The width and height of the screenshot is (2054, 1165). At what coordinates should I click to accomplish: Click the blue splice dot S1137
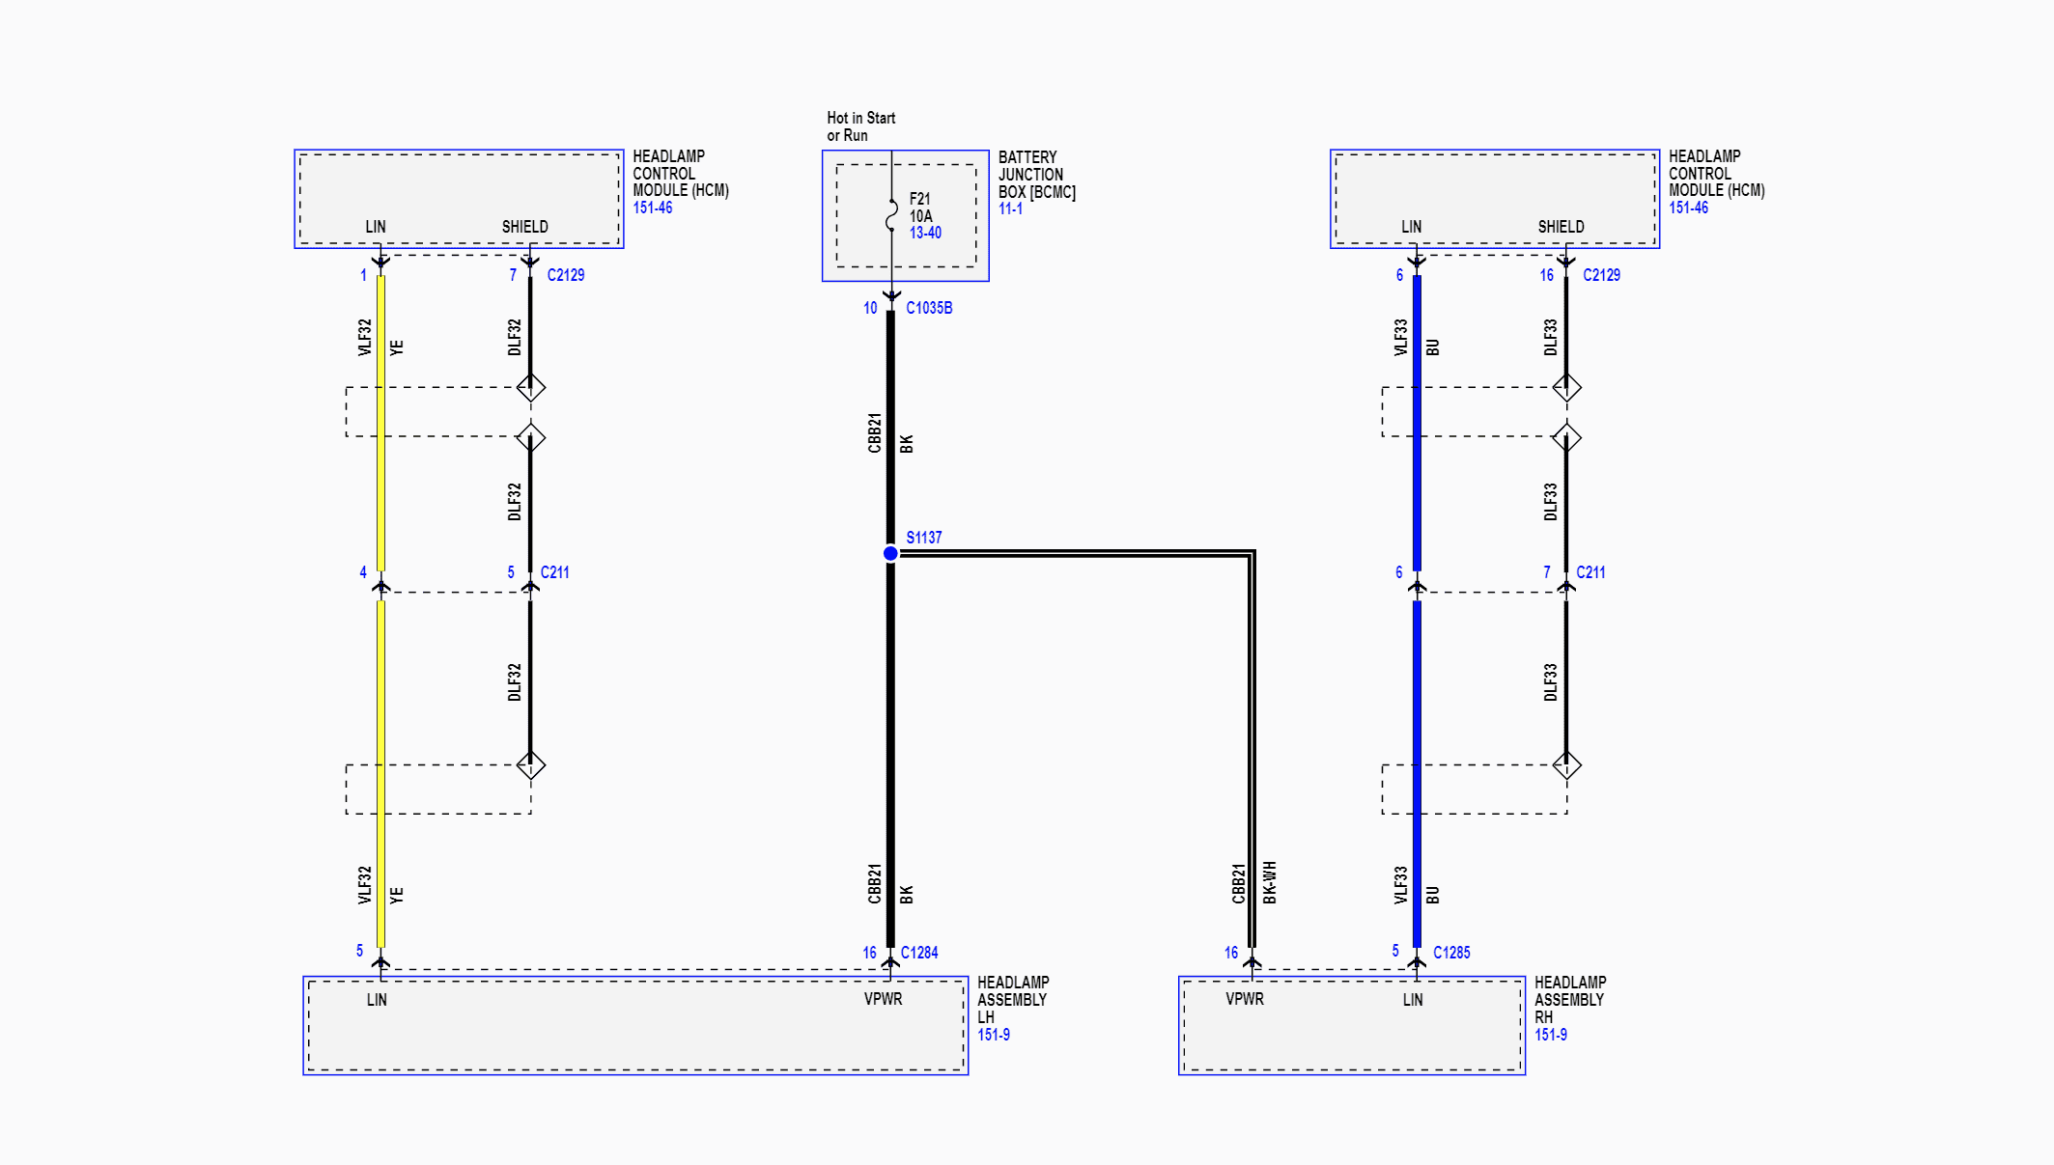(890, 553)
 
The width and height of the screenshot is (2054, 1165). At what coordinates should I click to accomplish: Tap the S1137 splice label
(923, 538)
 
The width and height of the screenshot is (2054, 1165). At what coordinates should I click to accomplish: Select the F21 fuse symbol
(891, 215)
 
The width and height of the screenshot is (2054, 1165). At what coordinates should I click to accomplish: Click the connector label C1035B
(929, 308)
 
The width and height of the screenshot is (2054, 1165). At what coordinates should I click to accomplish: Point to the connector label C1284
(919, 953)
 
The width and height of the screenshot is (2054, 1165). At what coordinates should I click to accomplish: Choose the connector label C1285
(1451, 953)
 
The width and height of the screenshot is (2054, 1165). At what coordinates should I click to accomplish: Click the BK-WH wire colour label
(1270, 882)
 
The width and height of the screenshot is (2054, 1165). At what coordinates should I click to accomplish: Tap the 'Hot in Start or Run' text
(861, 126)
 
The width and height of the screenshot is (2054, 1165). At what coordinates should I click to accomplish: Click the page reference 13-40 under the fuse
(925, 233)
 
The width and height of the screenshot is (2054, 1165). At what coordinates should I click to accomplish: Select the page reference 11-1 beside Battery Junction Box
(1010, 208)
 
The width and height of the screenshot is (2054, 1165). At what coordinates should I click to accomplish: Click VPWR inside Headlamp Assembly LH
(883, 999)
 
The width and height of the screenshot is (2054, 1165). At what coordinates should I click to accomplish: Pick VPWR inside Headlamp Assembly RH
(1245, 999)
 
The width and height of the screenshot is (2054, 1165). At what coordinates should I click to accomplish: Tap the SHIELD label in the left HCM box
(524, 227)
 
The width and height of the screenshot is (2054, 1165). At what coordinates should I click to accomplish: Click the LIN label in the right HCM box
(1411, 227)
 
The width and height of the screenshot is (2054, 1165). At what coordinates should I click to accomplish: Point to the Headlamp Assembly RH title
(1570, 1000)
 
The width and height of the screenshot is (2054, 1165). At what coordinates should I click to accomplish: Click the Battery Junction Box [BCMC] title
(1037, 175)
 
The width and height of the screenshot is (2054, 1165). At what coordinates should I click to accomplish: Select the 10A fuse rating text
(920, 216)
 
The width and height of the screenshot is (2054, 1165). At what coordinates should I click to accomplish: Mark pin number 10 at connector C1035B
(870, 308)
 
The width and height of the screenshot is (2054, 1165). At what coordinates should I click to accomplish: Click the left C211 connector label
(554, 572)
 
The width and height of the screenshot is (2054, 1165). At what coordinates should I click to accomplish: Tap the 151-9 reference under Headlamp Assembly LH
(994, 1035)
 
